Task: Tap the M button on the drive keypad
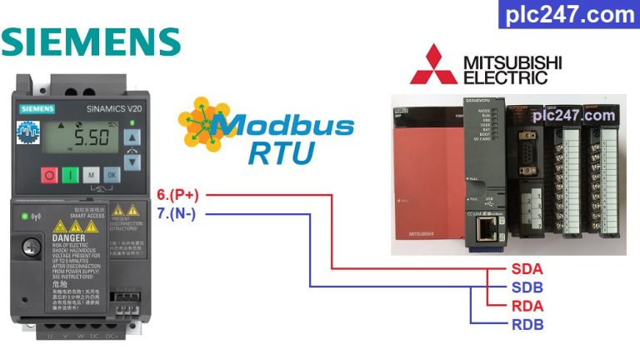pyautogui.click(x=90, y=176)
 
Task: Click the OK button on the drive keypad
pyautogui.click(x=111, y=176)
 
